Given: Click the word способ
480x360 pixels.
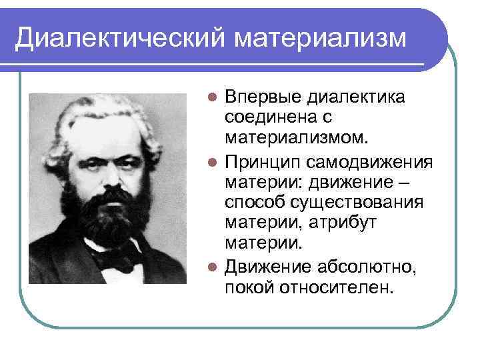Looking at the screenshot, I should coord(254,202).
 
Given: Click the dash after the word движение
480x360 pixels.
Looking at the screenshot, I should coord(416,182).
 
